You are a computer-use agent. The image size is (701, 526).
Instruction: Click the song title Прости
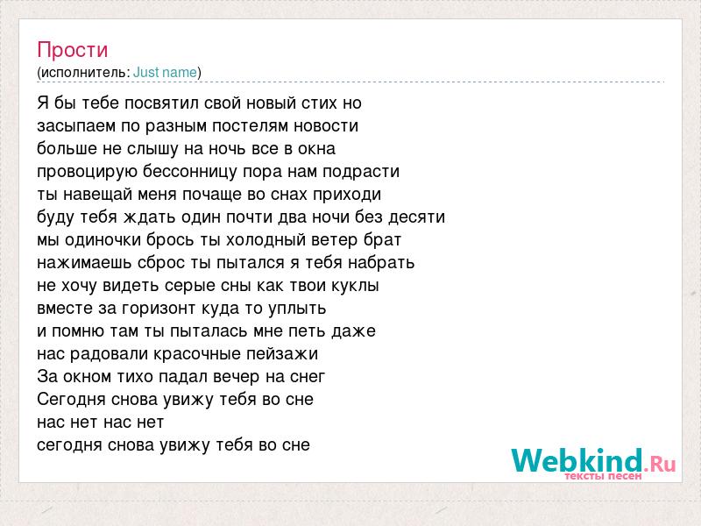[73, 50]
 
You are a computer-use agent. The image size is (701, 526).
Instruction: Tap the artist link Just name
[165, 72]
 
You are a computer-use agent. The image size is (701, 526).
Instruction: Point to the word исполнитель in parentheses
[85, 73]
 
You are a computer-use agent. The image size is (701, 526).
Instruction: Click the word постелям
[251, 126]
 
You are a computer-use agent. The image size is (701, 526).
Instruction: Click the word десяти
[417, 217]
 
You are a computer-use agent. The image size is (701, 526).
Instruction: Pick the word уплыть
[297, 309]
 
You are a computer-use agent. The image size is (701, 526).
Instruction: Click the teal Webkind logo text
[577, 460]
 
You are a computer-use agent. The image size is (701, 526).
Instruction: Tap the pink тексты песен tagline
[603, 476]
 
